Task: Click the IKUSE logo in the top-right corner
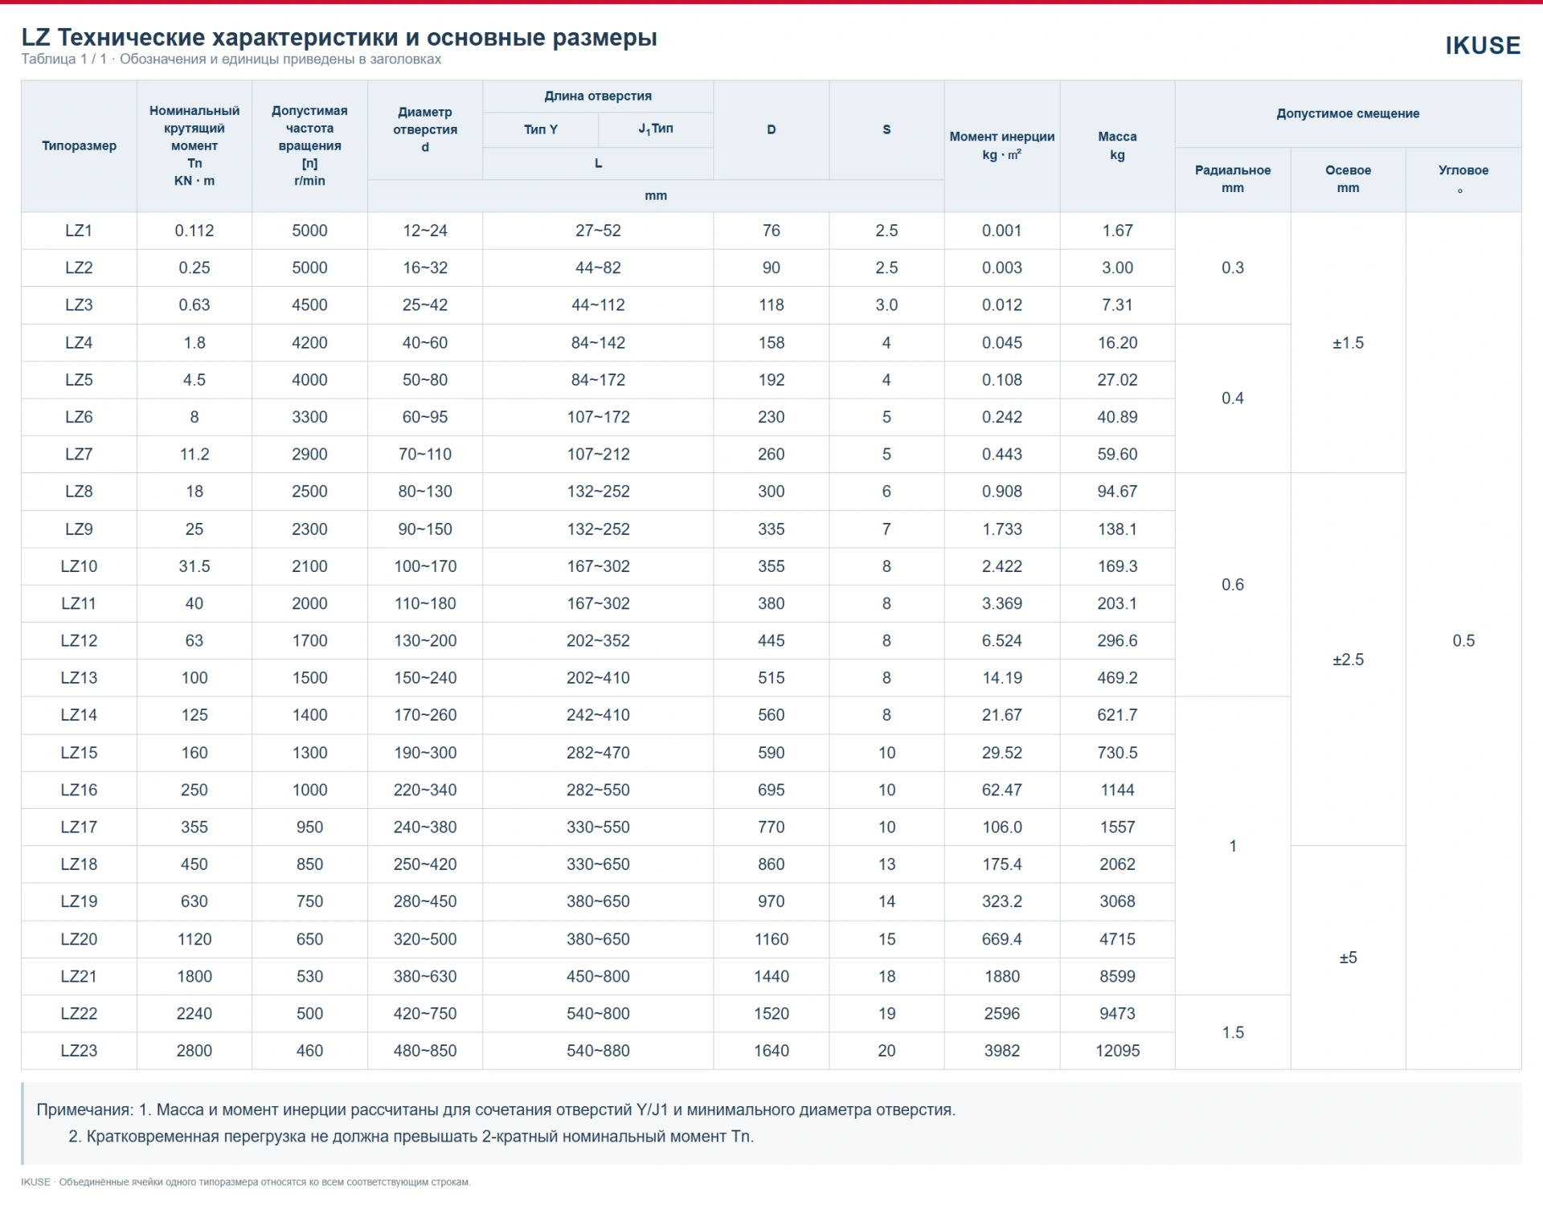1483,46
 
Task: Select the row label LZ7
79,454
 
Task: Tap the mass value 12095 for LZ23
1117,1051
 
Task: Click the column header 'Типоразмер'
79,145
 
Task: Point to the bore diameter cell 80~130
425,492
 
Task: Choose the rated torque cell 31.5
194,566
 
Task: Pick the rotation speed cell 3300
309,417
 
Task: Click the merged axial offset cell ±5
1348,958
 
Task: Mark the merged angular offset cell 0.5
1463,641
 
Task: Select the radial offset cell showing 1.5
1233,1032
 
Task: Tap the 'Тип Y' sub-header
540,129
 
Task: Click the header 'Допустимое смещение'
1348,113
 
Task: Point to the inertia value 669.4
1001,939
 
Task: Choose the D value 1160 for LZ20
771,939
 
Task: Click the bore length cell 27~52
598,231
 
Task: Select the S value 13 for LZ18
886,864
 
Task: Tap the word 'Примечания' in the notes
84,1110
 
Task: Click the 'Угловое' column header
1463,170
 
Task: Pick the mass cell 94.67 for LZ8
1117,492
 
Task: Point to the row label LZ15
79,753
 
